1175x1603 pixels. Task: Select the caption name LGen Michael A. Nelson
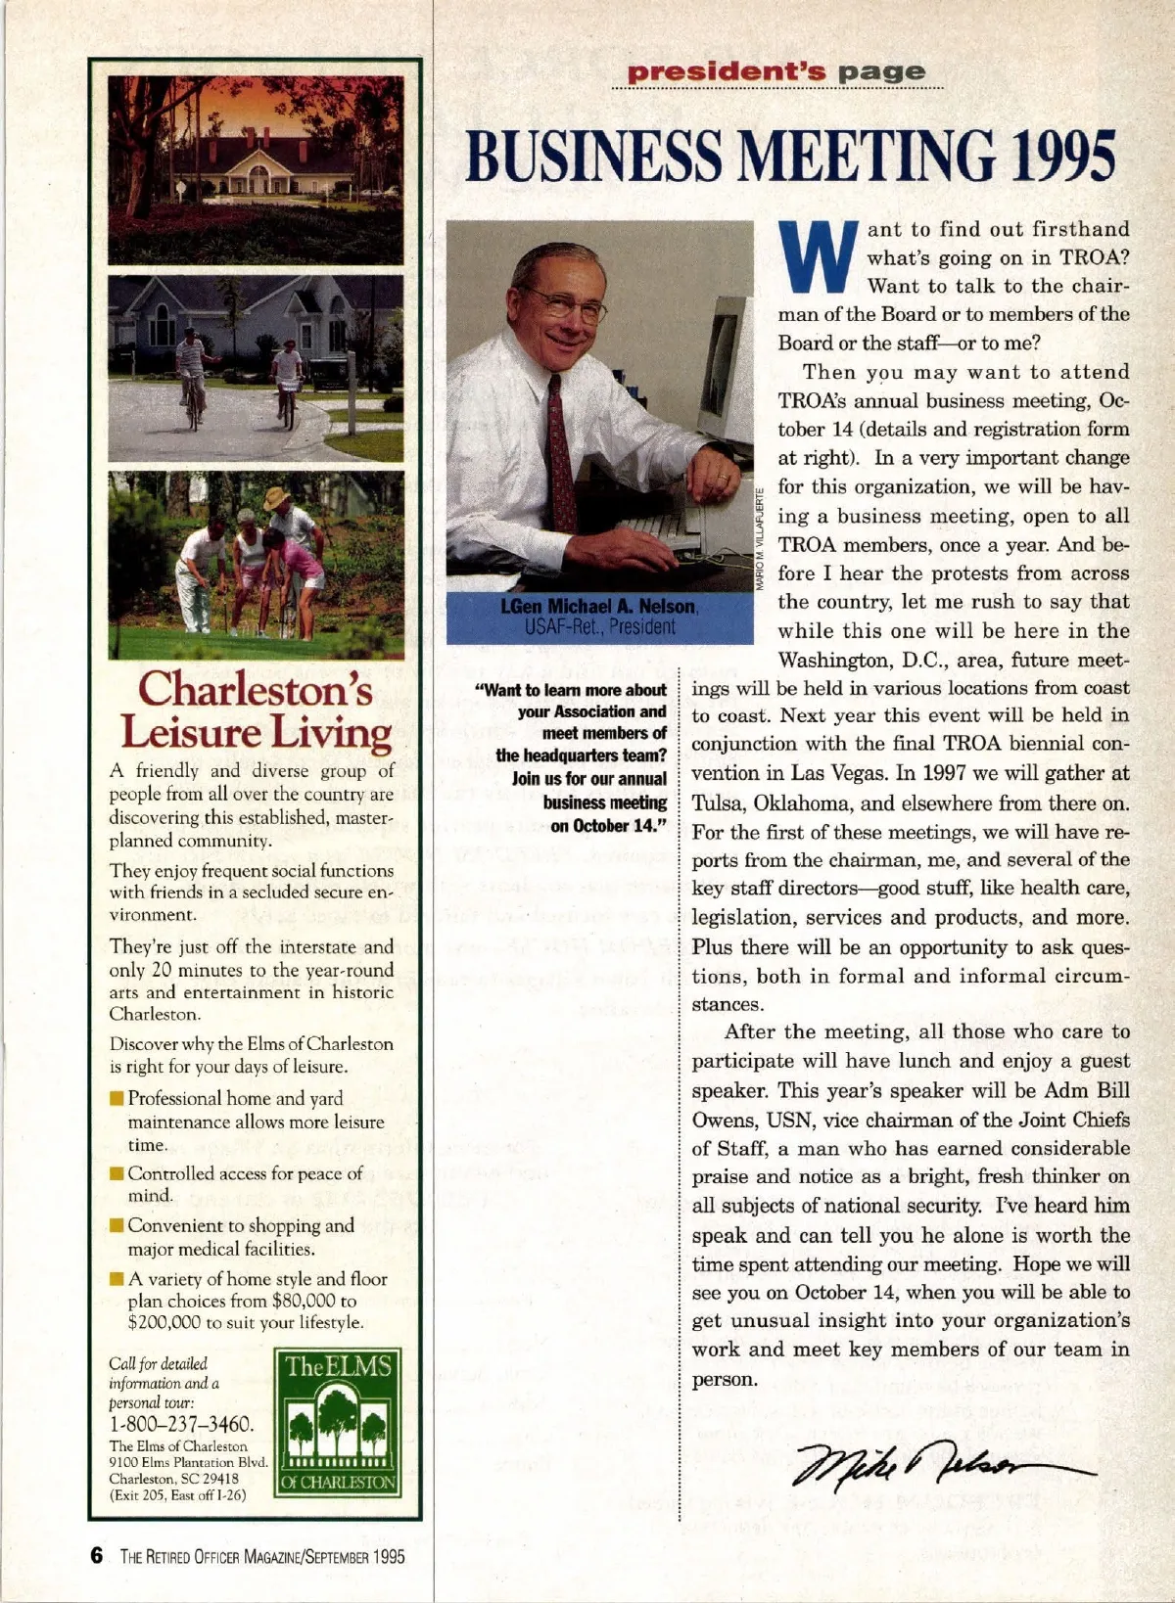(x=598, y=607)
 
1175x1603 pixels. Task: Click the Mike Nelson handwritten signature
(x=945, y=1465)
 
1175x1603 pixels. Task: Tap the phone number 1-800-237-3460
(x=181, y=1424)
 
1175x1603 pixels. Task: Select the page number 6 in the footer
(x=97, y=1556)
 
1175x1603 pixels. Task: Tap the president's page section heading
(x=775, y=72)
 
